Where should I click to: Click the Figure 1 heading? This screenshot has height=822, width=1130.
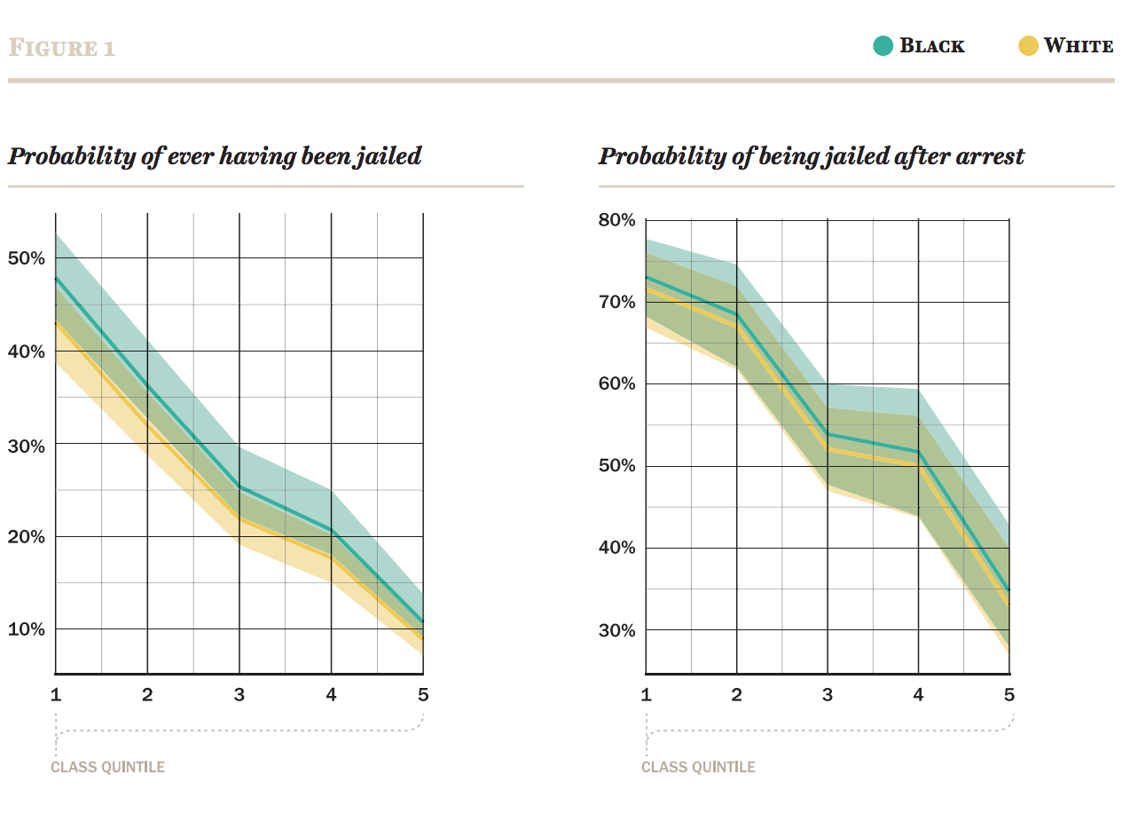[61, 47]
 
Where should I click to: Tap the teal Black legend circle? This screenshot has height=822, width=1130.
[883, 46]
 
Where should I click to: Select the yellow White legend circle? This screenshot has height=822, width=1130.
[1028, 46]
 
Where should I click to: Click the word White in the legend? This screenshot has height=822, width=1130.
[1079, 46]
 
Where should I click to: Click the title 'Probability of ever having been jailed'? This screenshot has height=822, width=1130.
[215, 157]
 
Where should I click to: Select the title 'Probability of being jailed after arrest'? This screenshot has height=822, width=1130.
[812, 157]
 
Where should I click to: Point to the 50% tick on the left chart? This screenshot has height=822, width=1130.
[26, 258]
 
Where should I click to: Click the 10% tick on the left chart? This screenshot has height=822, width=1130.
[26, 629]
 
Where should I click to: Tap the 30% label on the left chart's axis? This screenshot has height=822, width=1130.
[26, 445]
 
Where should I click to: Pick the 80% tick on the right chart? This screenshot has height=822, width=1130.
[617, 220]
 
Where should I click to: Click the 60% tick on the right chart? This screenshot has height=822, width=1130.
[617, 384]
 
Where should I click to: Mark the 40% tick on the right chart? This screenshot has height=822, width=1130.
[617, 548]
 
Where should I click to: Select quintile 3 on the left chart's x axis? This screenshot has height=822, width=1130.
[239, 694]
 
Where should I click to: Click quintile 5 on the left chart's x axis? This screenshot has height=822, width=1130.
[423, 694]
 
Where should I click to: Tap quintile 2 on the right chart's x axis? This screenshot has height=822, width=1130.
[736, 694]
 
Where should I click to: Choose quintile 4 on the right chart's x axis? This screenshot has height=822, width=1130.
[918, 694]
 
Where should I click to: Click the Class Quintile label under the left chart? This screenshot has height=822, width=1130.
[108, 767]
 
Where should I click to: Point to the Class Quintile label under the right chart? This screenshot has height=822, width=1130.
[699, 767]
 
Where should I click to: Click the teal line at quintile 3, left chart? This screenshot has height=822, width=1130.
[239, 486]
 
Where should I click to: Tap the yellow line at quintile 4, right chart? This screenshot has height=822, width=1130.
[918, 465]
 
